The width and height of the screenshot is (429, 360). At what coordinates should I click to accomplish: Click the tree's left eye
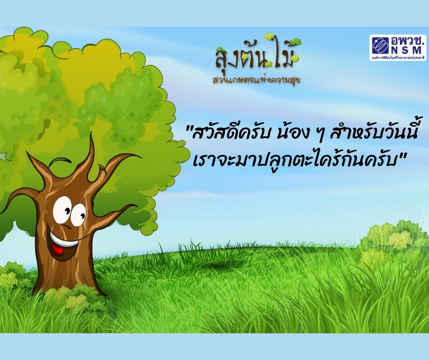click(63, 209)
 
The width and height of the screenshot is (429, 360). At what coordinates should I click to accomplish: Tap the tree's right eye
click(78, 215)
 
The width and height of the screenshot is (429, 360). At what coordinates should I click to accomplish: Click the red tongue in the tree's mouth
click(58, 249)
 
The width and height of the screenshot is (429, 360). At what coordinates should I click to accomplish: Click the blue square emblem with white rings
click(381, 45)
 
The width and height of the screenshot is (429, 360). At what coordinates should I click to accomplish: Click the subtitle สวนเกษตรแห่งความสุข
click(256, 80)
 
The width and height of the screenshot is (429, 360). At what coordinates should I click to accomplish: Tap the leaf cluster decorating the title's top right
click(295, 42)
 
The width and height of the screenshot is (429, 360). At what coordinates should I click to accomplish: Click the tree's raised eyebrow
click(60, 162)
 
